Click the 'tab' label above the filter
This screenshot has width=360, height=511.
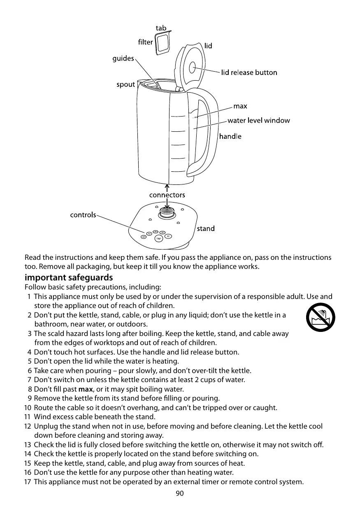pyautogui.click(x=161, y=28)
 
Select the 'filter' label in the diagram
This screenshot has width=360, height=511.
pyautogui.click(x=145, y=42)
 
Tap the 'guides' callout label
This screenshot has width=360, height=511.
pyautogui.click(x=123, y=58)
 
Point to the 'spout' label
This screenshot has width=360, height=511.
pyautogui.click(x=125, y=84)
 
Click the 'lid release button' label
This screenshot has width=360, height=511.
pyautogui.click(x=249, y=73)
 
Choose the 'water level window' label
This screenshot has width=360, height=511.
pyautogui.click(x=258, y=121)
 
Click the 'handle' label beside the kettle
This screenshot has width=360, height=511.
pyautogui.click(x=230, y=136)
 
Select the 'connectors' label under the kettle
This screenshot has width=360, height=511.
pyautogui.click(x=167, y=195)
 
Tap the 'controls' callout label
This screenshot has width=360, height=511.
pyautogui.click(x=83, y=215)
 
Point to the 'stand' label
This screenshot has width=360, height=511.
pyautogui.click(x=205, y=228)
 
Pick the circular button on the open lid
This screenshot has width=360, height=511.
pyautogui.click(x=192, y=68)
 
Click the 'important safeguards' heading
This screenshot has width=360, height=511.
pyautogui.click(x=69, y=277)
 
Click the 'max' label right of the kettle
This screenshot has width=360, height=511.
pyautogui.click(x=240, y=107)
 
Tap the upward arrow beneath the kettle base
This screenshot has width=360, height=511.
pyautogui.click(x=167, y=187)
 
